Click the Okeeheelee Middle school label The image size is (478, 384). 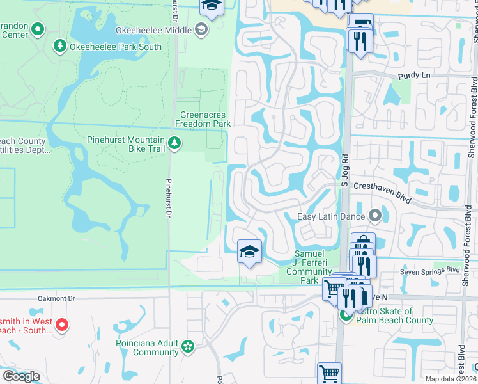pos(153,30)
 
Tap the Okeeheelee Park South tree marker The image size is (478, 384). pos(59,46)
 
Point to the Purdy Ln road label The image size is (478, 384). pos(414,76)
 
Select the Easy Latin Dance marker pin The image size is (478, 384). pos(375,216)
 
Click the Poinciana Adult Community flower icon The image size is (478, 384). pos(187,346)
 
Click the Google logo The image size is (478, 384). pos(20,376)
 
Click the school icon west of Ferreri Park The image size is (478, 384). pos(249,252)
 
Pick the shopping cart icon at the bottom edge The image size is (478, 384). pos(329,372)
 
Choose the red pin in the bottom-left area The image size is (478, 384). pos(61,324)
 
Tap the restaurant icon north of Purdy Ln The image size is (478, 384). pos(360,40)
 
